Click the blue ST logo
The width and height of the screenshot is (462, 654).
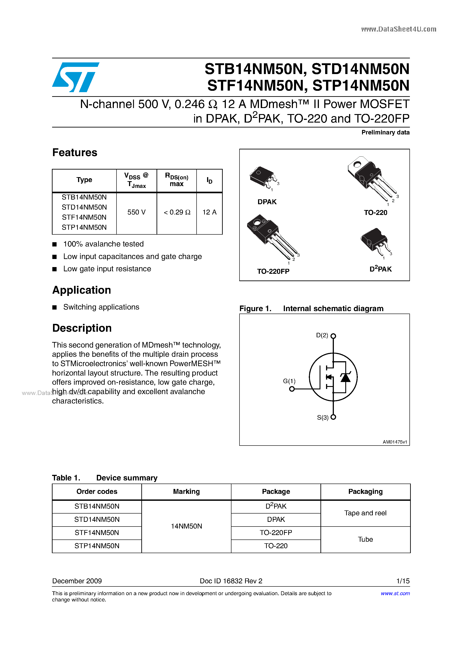[x=76, y=77]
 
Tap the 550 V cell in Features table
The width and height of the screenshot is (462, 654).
[x=136, y=212]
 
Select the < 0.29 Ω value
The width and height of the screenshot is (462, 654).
[x=177, y=212]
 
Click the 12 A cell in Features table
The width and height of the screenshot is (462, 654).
[x=209, y=212]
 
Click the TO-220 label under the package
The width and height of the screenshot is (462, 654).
[x=375, y=212]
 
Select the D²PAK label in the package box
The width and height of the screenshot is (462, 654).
[x=381, y=269]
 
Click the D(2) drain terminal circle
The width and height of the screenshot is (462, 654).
[x=333, y=336]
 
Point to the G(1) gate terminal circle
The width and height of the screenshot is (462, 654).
[x=292, y=389]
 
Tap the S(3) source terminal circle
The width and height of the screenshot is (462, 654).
[x=333, y=417]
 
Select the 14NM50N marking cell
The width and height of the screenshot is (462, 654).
[x=186, y=526]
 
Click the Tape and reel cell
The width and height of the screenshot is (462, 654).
[x=365, y=513]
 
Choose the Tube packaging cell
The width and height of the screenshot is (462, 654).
[x=365, y=539]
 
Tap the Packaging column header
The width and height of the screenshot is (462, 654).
[x=365, y=491]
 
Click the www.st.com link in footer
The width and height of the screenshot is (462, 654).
[x=395, y=593]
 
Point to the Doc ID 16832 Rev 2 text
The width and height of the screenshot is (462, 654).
[x=231, y=581]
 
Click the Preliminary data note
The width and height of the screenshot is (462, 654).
[x=385, y=132]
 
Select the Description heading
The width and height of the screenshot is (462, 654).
[x=82, y=328]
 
